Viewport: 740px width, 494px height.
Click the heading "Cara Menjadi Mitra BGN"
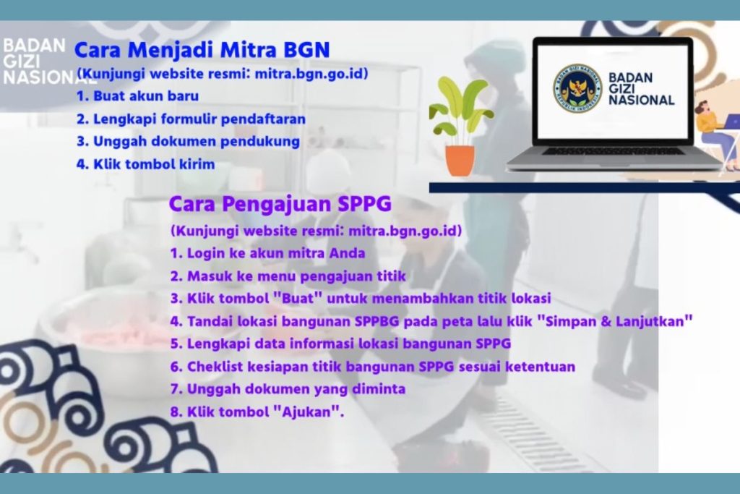point(202,50)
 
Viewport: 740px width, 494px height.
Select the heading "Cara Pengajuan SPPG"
point(280,204)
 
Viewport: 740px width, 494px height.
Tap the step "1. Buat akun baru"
point(137,96)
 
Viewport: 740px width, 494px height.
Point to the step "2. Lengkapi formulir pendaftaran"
point(191,119)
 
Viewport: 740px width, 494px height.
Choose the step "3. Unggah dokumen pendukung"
point(188,142)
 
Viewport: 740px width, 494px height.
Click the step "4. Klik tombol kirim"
point(145,164)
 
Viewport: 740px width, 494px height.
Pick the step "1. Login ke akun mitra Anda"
point(267,253)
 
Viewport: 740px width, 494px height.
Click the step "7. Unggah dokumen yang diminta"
point(288,389)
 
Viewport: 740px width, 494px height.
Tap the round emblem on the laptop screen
point(577,88)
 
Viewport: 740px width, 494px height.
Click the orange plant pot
point(460,160)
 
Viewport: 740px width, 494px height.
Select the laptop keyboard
point(613,152)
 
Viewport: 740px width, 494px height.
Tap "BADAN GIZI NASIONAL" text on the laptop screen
point(641,89)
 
